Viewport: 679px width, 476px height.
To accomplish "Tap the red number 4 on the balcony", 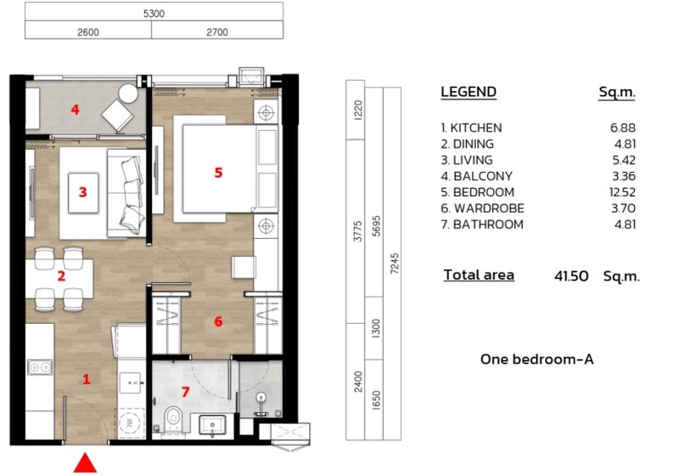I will tap(76, 110).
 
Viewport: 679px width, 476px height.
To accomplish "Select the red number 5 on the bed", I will tap(218, 173).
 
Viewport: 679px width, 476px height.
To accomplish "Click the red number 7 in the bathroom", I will tap(185, 392).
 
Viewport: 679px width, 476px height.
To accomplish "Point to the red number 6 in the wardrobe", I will tap(218, 321).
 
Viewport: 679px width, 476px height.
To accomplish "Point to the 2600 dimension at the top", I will tap(88, 31).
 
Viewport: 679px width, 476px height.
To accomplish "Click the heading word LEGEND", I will tap(469, 93).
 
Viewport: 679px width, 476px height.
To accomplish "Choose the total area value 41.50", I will tap(570, 276).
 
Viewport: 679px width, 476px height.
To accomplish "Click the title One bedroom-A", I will tap(536, 360).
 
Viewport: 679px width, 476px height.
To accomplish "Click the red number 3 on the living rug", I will tap(82, 192).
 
